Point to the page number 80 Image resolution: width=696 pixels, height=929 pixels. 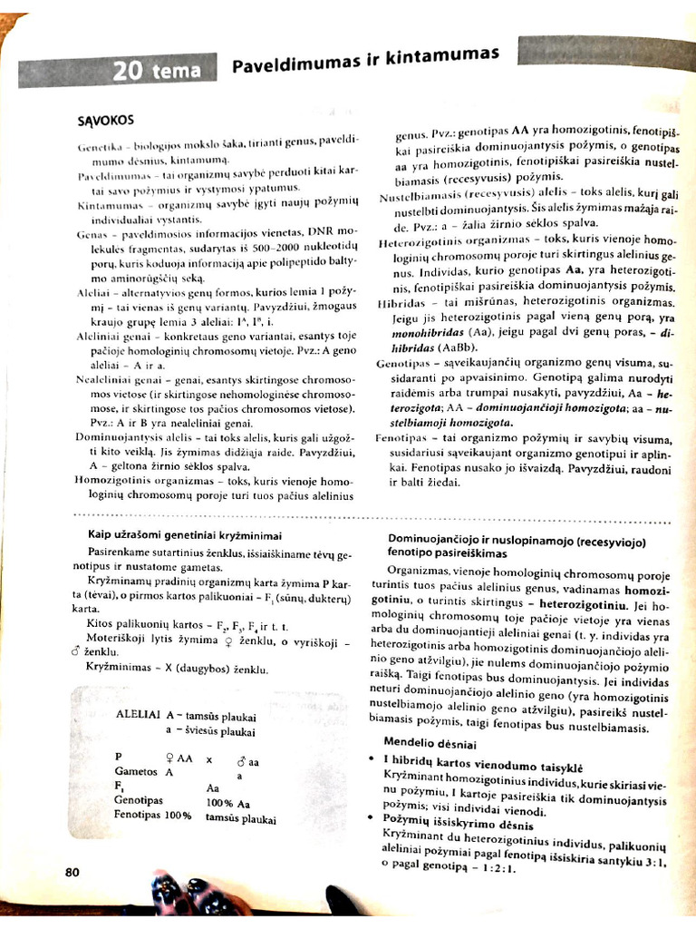tap(73, 872)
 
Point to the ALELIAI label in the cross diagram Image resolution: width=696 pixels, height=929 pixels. tap(139, 715)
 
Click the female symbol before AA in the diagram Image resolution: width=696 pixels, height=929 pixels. tap(169, 757)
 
